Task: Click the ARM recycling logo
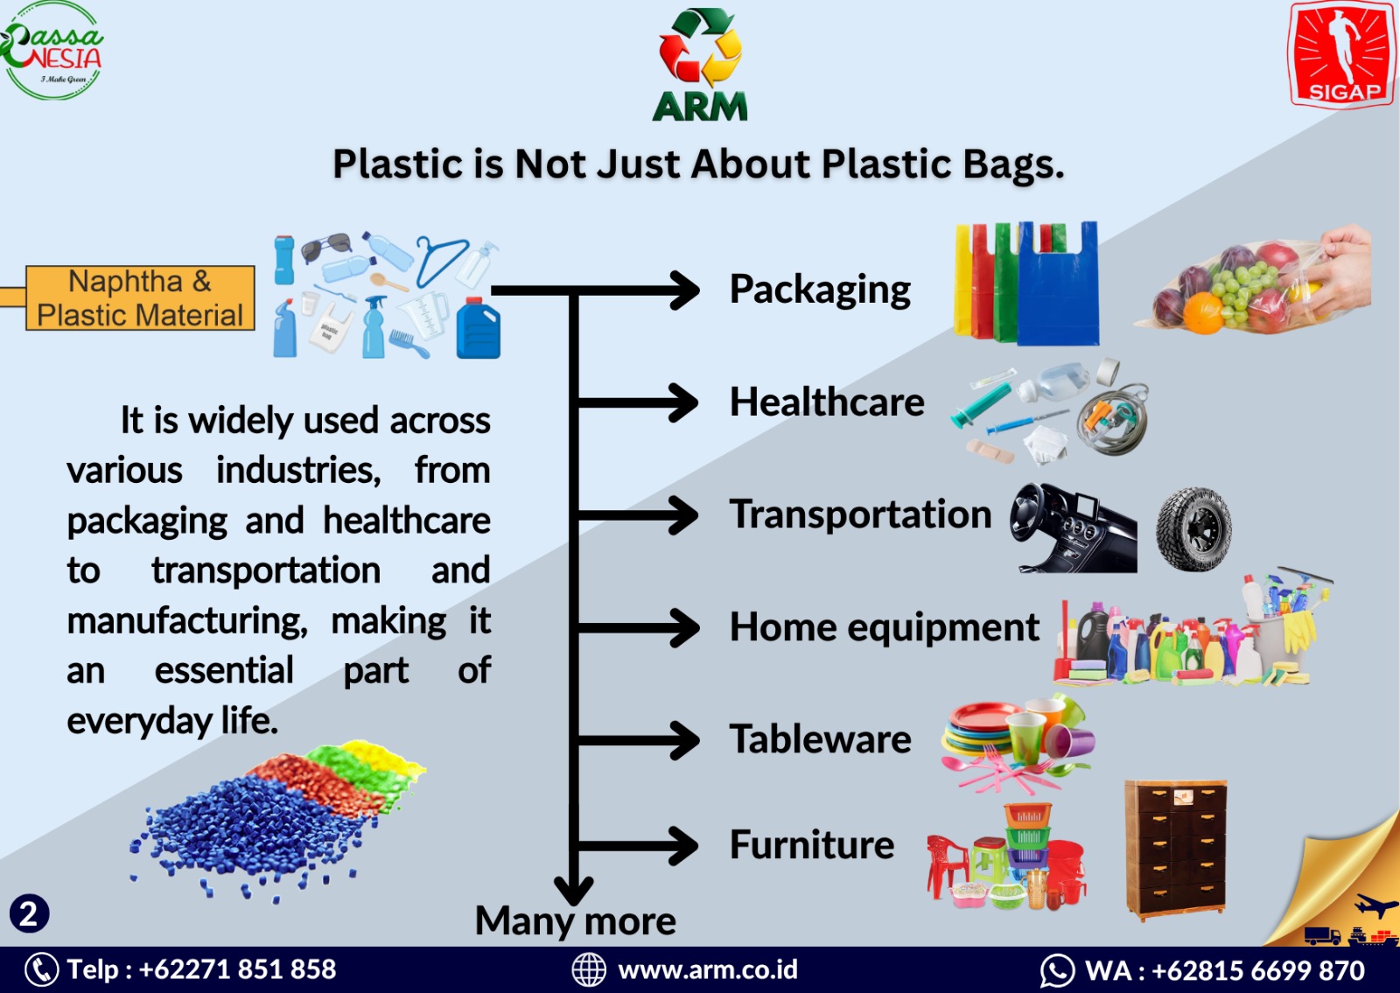pyautogui.click(x=700, y=65)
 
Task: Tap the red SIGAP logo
pyautogui.click(x=1342, y=55)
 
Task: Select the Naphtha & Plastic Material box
pyautogui.click(x=140, y=298)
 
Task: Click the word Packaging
pyautogui.click(x=820, y=290)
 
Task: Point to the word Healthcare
pyautogui.click(x=827, y=402)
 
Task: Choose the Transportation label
pyautogui.click(x=861, y=514)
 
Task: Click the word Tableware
pyautogui.click(x=821, y=739)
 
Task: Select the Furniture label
pyautogui.click(x=812, y=845)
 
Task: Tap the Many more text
pyautogui.click(x=576, y=921)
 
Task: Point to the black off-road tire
pyautogui.click(x=1193, y=529)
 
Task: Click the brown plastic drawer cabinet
pyautogui.click(x=1176, y=850)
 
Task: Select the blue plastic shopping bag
pyautogui.click(x=1058, y=284)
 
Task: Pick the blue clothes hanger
pyautogui.click(x=441, y=260)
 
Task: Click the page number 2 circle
pyautogui.click(x=29, y=914)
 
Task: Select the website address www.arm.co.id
pyautogui.click(x=708, y=970)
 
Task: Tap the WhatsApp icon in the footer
pyautogui.click(x=1057, y=971)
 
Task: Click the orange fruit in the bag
pyautogui.click(x=1203, y=313)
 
